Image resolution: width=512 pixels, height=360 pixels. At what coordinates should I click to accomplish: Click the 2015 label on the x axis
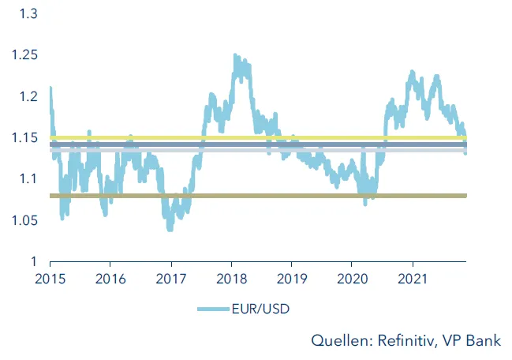50,278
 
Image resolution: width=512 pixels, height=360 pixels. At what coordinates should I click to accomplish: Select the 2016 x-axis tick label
110,278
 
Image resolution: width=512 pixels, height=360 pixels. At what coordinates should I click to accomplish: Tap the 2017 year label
170,278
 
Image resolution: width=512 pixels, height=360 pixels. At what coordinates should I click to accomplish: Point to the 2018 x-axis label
230,278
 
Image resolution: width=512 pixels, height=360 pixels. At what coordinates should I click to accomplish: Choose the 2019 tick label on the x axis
290,278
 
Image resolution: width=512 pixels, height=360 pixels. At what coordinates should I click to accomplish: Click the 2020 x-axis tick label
351,278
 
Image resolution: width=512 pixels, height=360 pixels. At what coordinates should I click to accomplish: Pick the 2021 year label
411,278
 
